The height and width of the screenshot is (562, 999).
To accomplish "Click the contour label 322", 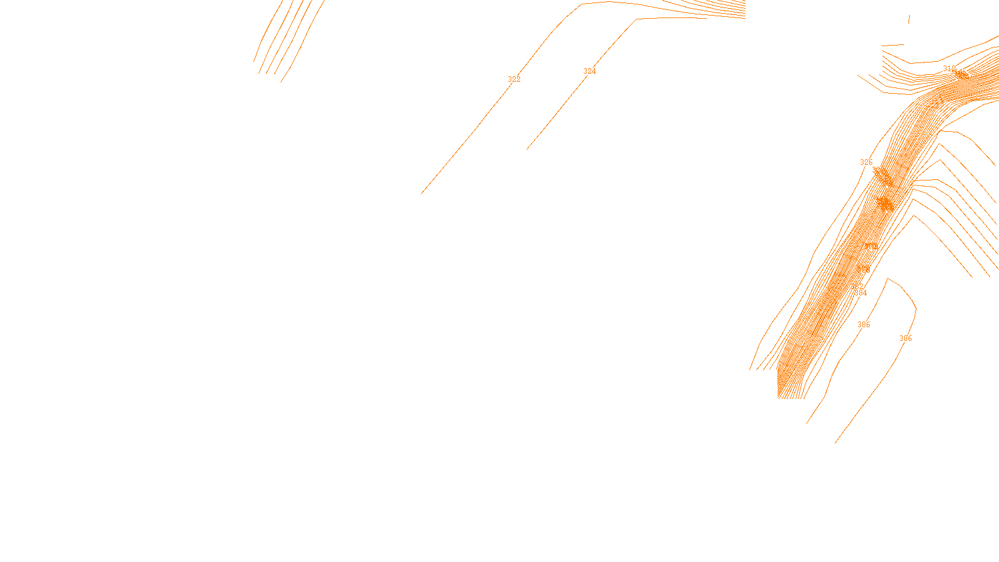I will coord(514,79).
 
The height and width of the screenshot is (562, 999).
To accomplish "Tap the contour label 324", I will coord(589,71).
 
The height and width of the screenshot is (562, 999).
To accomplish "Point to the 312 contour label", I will coord(949,69).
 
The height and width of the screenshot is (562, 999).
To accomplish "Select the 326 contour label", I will coord(866,162).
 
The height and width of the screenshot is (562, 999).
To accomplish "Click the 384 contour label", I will coord(860,293).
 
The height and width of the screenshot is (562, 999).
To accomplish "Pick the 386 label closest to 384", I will coord(864,325).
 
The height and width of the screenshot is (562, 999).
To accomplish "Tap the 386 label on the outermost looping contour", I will coord(905,338).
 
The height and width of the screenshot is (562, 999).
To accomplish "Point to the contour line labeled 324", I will coord(556,112).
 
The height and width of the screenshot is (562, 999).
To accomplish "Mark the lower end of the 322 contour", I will coord(421,194).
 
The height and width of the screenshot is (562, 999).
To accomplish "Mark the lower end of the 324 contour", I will coord(527,149).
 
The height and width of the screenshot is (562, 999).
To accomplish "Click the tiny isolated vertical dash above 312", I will coord(908,19).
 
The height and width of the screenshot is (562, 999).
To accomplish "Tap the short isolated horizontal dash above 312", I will coord(893,45).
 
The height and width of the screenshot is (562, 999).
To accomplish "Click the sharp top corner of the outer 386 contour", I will coord(887,279).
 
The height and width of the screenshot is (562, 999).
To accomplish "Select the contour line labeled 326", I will coord(837,219).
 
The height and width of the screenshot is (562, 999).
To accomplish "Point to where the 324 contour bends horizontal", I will coord(637,19).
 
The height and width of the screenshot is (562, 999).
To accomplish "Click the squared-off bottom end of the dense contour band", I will coord(791,398).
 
